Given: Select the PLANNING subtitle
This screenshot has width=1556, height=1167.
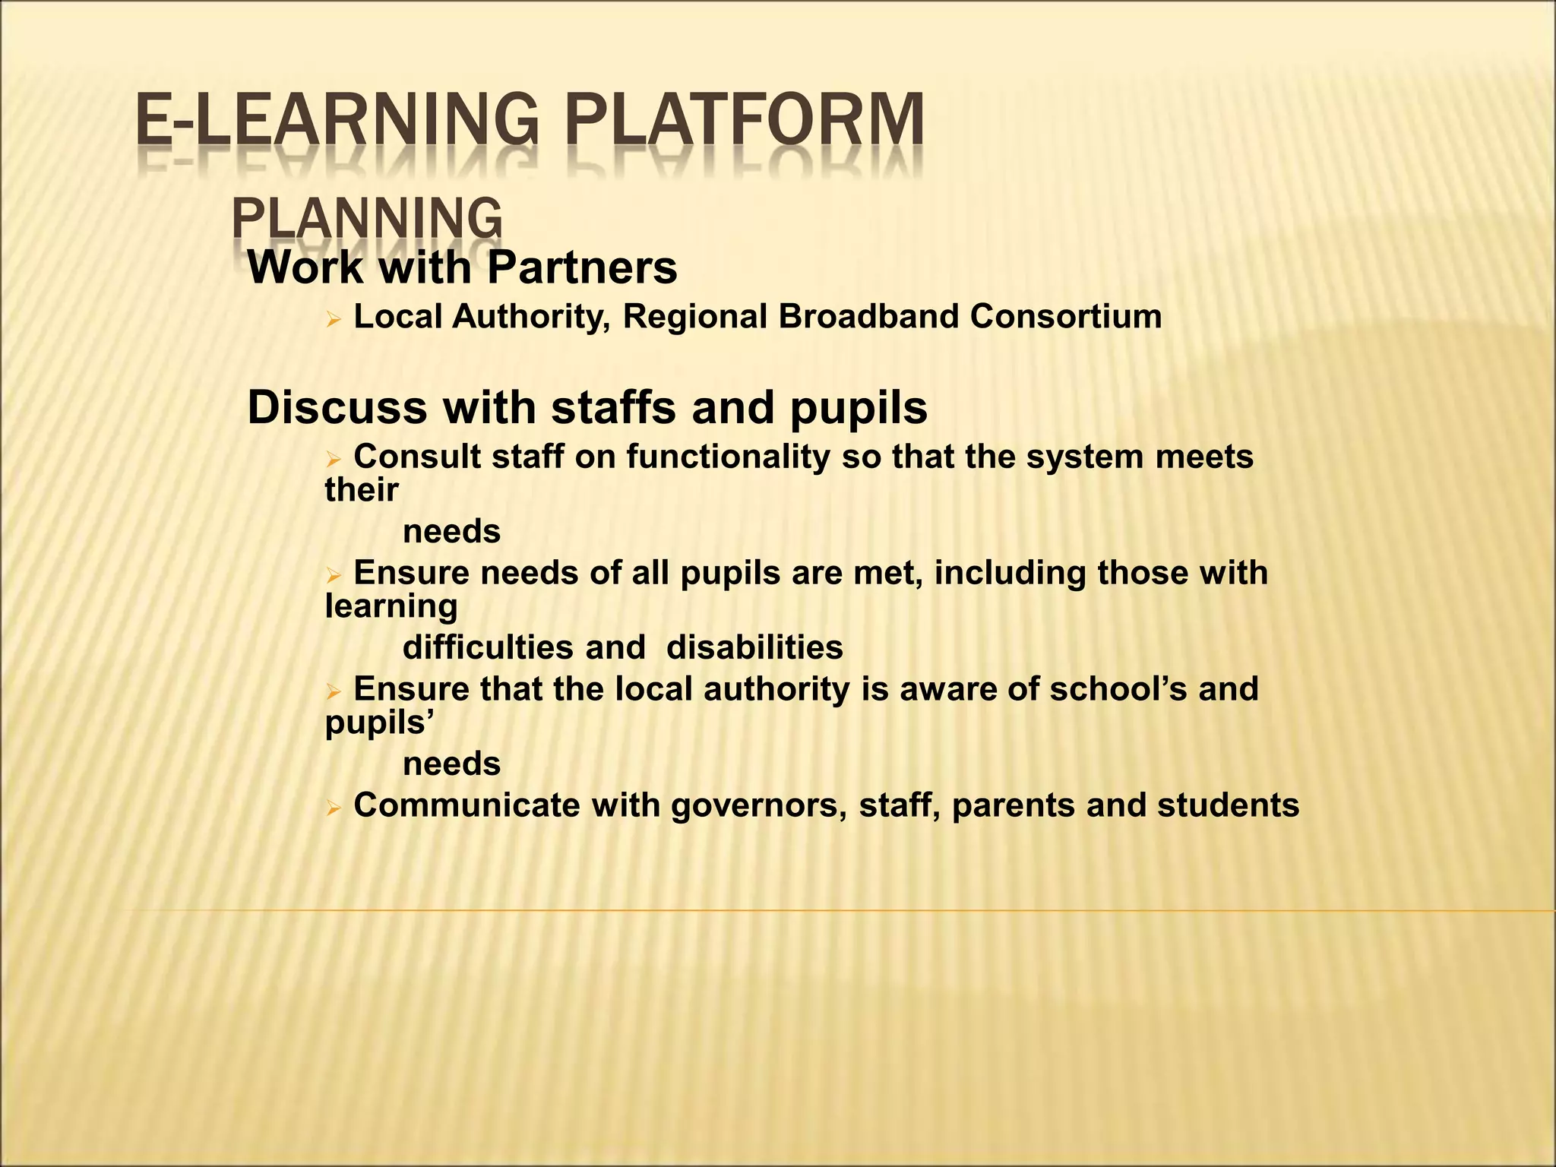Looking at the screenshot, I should (366, 218).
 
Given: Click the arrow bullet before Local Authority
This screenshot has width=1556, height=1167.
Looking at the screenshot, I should (333, 321).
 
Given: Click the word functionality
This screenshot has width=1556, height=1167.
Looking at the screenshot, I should (728, 457).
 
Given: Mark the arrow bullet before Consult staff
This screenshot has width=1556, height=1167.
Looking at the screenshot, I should (333, 460).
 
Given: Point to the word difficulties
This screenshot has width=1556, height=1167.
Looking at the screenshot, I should (488, 648).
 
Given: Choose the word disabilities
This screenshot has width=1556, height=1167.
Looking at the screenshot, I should (754, 648).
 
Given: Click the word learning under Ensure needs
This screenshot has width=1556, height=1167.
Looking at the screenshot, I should (391, 606).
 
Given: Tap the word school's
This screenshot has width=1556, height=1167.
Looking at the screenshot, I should (1118, 689).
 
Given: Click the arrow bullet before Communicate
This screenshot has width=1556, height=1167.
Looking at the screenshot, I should (333, 809).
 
